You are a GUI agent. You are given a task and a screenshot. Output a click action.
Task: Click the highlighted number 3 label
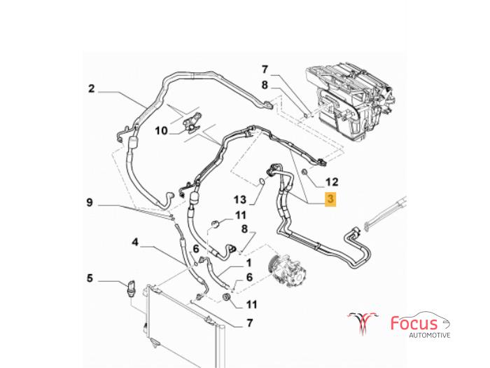click(x=331, y=200)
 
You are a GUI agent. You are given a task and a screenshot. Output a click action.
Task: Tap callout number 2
click(x=91, y=88)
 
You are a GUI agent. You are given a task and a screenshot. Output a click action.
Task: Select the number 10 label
click(x=161, y=130)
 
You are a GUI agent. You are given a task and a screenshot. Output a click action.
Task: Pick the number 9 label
click(x=90, y=203)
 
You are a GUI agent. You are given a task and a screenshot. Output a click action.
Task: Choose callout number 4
click(x=135, y=243)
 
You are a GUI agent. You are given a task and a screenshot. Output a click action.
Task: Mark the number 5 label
click(x=90, y=279)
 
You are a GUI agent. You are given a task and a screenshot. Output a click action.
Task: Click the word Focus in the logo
click(x=414, y=324)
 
